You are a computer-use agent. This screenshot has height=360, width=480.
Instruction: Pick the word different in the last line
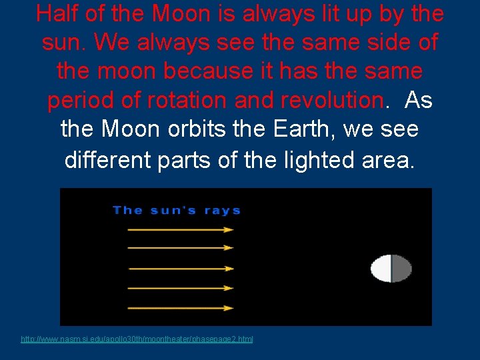pyautogui.click(x=107, y=159)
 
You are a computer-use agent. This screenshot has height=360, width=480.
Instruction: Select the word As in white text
pyautogui.click(x=418, y=101)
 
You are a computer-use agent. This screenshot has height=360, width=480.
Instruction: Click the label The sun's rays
pyautogui.click(x=177, y=211)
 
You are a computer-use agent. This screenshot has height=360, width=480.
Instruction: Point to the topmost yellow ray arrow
pyautogui.click(x=180, y=230)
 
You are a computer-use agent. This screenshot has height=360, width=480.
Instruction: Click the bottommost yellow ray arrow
pyautogui.click(x=180, y=309)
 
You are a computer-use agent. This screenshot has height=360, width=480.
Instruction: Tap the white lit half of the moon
pyautogui.click(x=382, y=269)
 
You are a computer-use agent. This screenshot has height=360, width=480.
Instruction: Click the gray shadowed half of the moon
pyautogui.click(x=401, y=269)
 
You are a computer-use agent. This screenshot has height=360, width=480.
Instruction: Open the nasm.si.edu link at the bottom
pyautogui.click(x=137, y=339)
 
